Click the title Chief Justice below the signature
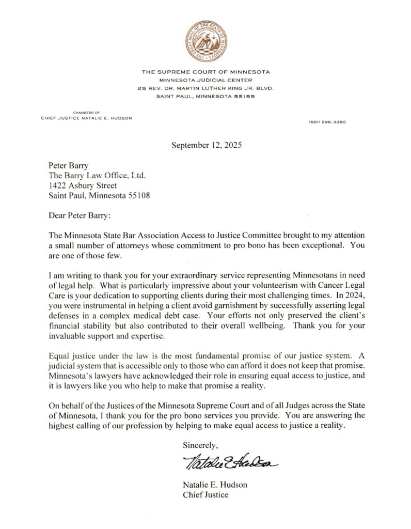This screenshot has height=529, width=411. point(206,495)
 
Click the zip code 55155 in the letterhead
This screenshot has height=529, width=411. point(245,96)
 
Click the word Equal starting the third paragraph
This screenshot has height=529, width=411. point(58,356)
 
